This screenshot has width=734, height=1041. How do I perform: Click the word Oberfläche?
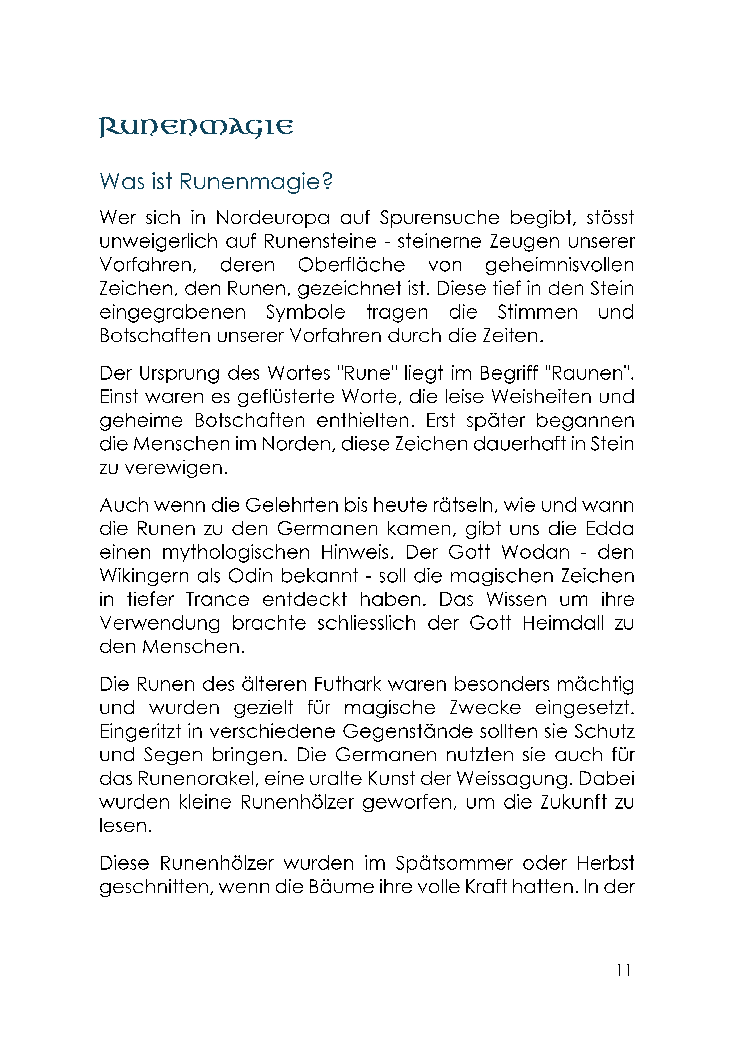pyautogui.click(x=351, y=265)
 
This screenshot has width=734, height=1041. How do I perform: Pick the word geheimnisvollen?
pyautogui.click(x=559, y=265)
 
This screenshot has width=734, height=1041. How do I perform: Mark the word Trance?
pyautogui.click(x=218, y=599)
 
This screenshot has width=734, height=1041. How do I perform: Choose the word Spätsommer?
pyautogui.click(x=454, y=863)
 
